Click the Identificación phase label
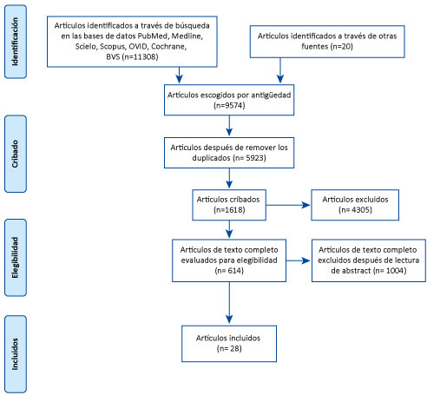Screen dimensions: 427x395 [15, 42]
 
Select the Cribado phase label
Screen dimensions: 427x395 [15, 154]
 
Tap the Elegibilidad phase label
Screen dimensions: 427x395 [15, 258]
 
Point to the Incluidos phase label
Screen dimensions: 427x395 [15, 354]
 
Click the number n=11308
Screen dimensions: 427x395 [141, 56]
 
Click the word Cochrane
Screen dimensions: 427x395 [168, 46]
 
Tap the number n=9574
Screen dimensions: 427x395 [229, 105]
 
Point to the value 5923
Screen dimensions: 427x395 [256, 158]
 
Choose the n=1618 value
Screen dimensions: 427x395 [229, 210]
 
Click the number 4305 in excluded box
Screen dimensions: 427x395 [361, 210]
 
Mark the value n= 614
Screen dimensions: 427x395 [229, 271]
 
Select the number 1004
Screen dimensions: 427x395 [396, 271]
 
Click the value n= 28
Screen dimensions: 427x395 [229, 348]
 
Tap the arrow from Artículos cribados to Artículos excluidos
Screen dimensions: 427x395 [288, 205]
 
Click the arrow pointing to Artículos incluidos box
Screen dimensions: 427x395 [229, 302]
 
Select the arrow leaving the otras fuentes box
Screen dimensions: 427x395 [280, 70]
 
